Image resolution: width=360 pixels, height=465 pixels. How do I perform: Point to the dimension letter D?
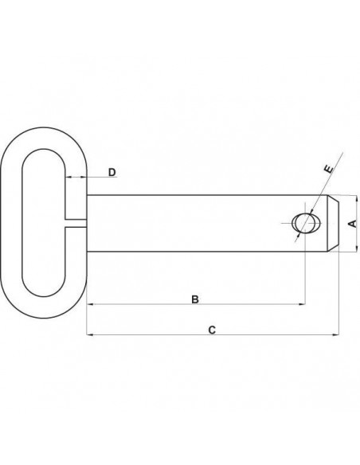tap(112, 172)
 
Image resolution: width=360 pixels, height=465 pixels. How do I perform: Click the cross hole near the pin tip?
tap(304, 223)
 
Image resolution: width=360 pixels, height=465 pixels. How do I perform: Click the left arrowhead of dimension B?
tap(90, 303)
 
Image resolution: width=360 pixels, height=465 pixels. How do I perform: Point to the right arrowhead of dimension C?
tap(335, 334)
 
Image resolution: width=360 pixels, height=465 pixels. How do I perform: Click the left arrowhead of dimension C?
tap(90, 334)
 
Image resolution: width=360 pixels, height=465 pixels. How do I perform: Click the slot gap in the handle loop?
tap(73, 223)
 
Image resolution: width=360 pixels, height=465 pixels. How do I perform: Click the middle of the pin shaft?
tap(191, 224)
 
